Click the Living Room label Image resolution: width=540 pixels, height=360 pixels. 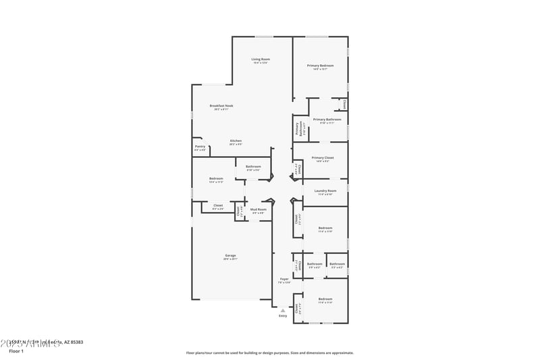click(x=261, y=59)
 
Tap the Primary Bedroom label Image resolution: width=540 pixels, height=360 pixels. click(x=321, y=66)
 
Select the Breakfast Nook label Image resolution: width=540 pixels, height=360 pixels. click(x=221, y=105)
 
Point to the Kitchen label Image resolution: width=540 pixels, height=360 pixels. click(x=236, y=140)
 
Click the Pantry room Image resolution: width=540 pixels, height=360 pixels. click(x=200, y=147)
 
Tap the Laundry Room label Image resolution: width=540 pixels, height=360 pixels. click(x=325, y=191)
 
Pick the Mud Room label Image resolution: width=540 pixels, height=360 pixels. click(x=259, y=209)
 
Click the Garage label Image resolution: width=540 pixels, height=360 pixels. click(x=231, y=255)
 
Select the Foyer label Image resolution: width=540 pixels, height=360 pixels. click(x=285, y=279)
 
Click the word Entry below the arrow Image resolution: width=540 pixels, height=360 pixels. click(x=283, y=315)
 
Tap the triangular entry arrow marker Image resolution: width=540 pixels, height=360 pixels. click(x=283, y=310)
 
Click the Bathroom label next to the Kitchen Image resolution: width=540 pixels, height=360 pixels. click(x=253, y=166)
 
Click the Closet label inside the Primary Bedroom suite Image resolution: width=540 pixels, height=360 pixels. click(x=344, y=105)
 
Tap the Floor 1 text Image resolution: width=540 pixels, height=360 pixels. click(x=16, y=351)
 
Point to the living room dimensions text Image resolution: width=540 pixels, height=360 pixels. click(x=261, y=63)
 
